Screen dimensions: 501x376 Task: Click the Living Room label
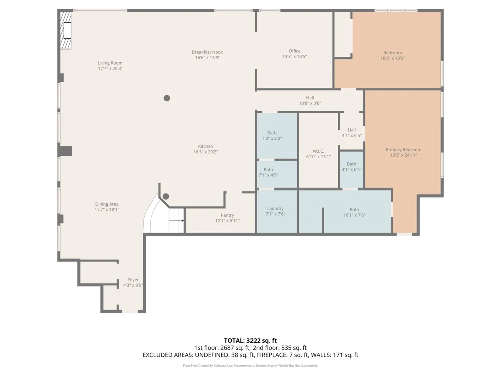tap(110, 63)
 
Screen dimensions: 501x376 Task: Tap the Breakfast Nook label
tap(207, 52)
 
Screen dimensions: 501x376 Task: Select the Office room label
tap(294, 51)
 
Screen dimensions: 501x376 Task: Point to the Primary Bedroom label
tap(403, 149)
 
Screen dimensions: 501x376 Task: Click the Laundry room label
tap(275, 208)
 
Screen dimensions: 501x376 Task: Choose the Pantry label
tap(227, 215)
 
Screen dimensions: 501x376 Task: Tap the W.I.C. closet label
tap(318, 151)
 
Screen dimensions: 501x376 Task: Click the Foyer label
tap(133, 280)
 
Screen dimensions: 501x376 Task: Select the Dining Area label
tap(107, 204)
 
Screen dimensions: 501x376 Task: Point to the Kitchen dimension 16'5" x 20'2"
tap(206, 152)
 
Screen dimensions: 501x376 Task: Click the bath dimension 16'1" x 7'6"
tap(354, 215)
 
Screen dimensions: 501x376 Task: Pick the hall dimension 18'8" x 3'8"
tap(310, 103)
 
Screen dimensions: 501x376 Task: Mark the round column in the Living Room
tap(167, 98)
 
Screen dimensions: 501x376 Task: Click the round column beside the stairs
tap(166, 197)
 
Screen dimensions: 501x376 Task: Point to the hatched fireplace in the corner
tap(66, 31)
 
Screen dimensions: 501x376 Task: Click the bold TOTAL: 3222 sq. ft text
tap(250, 341)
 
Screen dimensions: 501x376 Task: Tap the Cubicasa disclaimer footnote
tap(250, 366)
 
